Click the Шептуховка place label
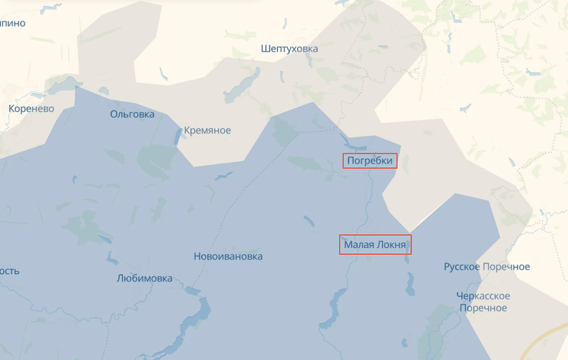click(289, 48)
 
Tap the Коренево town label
click(31, 109)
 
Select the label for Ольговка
click(132, 114)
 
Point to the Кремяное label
click(207, 130)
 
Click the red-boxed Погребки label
click(370, 160)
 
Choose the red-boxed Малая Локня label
click(375, 245)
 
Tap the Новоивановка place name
click(228, 256)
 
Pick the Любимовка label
click(144, 278)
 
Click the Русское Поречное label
click(487, 266)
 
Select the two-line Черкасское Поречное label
click(483, 302)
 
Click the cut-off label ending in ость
click(9, 271)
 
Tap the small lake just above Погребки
click(353, 145)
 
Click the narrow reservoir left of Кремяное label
click(178, 137)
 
